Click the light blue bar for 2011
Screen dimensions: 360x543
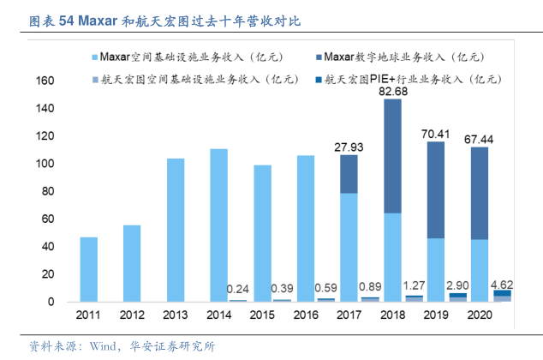[88, 269]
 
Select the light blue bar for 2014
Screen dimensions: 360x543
[218, 225]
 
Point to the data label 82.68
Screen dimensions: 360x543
[393, 91]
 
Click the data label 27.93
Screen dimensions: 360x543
[349, 147]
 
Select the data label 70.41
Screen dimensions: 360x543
[436, 133]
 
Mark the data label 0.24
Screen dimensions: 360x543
[240, 289]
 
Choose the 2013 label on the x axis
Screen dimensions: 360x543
[175, 315]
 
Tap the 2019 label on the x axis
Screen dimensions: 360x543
[436, 315]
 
